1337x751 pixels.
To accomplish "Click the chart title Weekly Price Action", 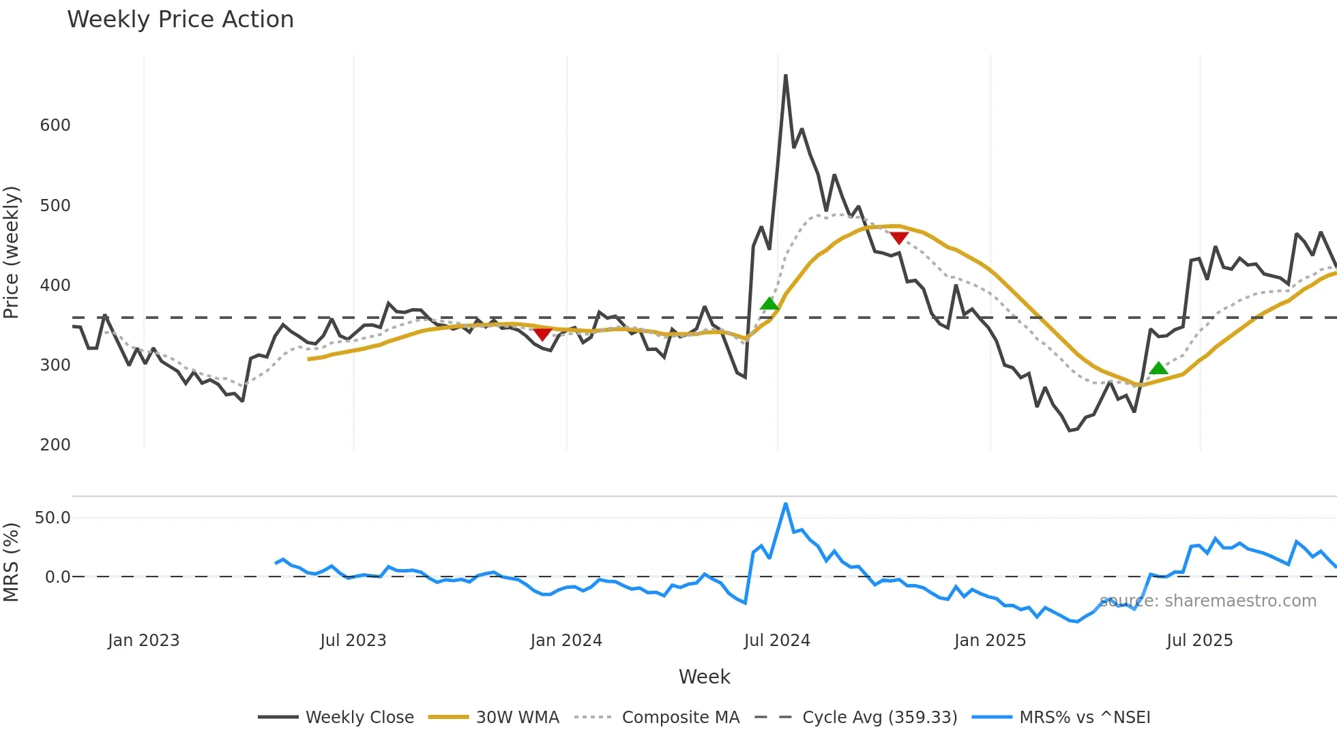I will [x=180, y=20].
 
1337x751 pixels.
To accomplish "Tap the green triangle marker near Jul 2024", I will [x=769, y=304].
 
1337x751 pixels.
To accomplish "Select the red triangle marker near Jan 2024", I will [x=542, y=334].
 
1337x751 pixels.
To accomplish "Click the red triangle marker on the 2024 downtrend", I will [x=899, y=238].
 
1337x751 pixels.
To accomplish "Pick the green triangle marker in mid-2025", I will [x=1158, y=369].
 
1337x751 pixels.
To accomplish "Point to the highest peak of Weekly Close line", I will [x=786, y=76].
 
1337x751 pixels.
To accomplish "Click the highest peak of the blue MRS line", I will [x=786, y=504].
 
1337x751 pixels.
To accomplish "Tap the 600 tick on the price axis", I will [x=55, y=125].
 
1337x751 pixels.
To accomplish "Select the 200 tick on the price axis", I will [x=55, y=445].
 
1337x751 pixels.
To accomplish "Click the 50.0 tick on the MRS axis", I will [x=53, y=518].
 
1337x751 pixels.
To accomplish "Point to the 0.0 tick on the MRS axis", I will [x=57, y=577].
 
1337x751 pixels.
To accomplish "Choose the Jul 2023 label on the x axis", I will [x=353, y=641].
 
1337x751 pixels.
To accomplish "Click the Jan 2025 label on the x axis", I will [x=990, y=641].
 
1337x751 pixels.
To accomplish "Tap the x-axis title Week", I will [x=704, y=677].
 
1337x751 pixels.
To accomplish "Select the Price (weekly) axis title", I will [x=12, y=252].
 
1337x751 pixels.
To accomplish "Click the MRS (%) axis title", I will [x=12, y=562].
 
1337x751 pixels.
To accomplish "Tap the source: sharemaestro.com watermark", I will [x=1208, y=601].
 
